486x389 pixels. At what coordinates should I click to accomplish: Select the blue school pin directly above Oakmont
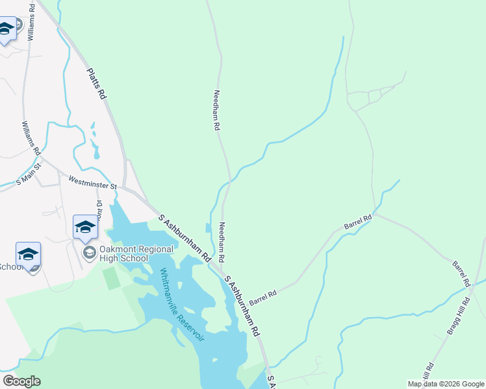tap(85, 228)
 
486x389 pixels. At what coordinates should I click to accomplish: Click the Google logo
tap(21, 381)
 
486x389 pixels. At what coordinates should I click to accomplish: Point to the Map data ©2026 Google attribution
tap(446, 383)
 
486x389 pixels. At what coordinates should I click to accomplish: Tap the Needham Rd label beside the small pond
tap(222, 242)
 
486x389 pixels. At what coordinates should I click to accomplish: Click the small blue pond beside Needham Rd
tap(207, 228)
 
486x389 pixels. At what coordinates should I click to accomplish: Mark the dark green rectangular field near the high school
tap(111, 278)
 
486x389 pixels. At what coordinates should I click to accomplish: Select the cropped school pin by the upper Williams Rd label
tap(6, 30)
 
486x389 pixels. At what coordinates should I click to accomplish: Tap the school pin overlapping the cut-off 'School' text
tap(28, 256)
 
